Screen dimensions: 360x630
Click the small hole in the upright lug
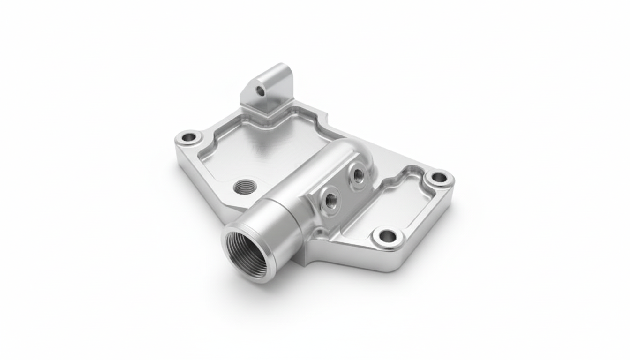260,91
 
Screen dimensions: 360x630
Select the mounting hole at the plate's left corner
188,138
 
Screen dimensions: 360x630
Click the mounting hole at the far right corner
439,178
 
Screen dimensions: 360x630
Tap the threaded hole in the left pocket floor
244,187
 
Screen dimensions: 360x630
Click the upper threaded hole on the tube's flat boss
358,176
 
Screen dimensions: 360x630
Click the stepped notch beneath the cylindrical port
300,258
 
